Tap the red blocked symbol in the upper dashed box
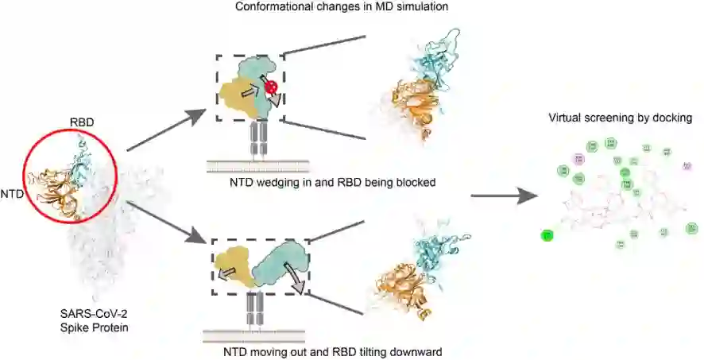pos(270,87)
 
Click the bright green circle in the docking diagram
pos(547,235)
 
